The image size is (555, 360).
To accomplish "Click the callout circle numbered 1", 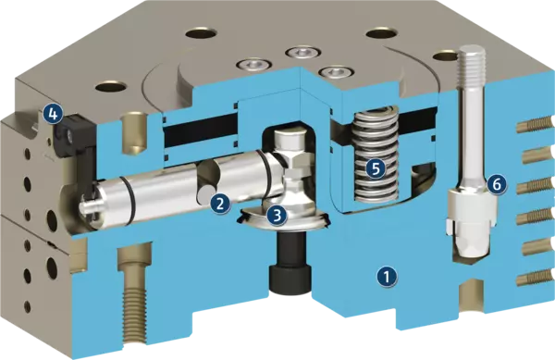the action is [x=387, y=277].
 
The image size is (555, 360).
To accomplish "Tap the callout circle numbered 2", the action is [x=219, y=204].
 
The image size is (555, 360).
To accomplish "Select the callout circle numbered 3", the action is [x=277, y=215].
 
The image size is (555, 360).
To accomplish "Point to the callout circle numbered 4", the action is [x=53, y=114].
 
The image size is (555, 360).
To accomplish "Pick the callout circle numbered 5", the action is [x=376, y=168].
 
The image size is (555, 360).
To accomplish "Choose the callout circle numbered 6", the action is [x=497, y=184].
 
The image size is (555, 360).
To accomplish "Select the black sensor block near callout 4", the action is [x=74, y=142].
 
